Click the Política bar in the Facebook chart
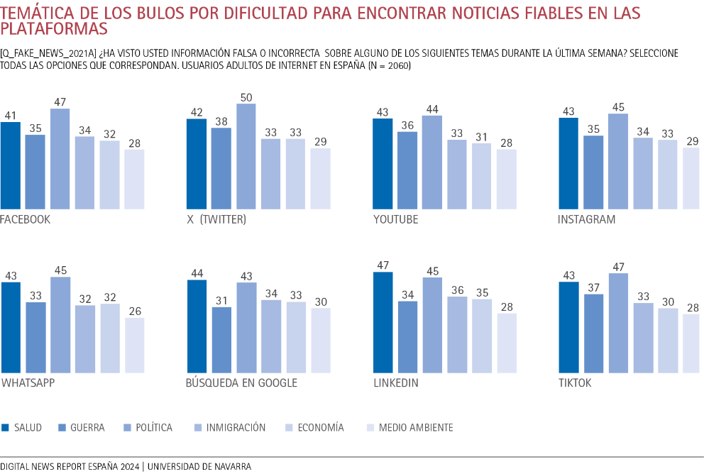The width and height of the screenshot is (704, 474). click(60, 159)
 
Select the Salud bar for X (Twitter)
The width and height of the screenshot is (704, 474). click(197, 164)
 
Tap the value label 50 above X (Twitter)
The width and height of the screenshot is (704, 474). click(246, 97)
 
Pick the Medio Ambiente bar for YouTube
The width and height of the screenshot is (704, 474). click(507, 179)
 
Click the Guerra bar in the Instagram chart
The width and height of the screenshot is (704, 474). click(593, 172)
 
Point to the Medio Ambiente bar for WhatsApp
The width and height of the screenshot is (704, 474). click(134, 345)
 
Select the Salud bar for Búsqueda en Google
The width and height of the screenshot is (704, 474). click(197, 326)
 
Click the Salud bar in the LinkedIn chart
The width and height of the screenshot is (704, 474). click(383, 322)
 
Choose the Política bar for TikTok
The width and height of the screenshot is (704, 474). click(618, 323)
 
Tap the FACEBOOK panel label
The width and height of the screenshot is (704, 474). click(26, 219)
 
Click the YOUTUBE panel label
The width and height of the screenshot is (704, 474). click(395, 219)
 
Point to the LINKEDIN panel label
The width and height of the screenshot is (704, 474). click(395, 383)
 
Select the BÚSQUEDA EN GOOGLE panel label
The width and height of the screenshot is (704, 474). click(241, 383)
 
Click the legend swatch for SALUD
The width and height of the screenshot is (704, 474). click(6, 428)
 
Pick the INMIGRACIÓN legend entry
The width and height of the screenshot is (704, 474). click(237, 428)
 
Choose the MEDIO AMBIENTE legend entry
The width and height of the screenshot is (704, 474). click(416, 428)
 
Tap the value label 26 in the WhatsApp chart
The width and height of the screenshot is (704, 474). click(134, 310)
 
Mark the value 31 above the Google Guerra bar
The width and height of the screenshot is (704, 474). click(221, 299)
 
